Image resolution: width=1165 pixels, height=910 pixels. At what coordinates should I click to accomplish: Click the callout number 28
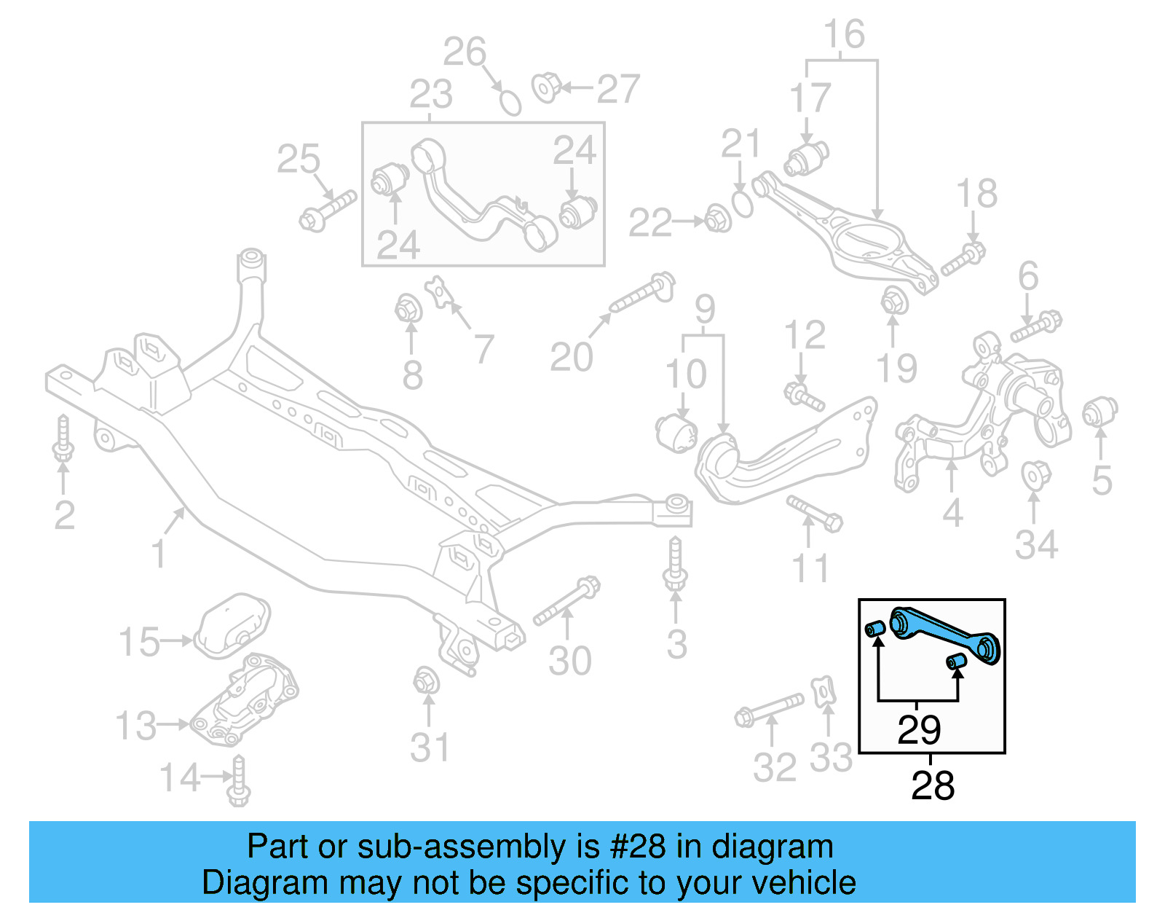point(932,786)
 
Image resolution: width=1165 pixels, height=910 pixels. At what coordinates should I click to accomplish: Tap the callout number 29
point(919,730)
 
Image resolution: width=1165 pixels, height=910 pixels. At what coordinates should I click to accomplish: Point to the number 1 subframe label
point(159,553)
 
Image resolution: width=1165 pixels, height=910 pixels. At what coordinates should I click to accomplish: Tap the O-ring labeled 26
point(510,103)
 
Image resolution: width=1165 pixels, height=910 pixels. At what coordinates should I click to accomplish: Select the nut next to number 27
point(545,87)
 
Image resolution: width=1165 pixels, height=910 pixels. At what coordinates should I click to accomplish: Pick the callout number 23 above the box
point(430,95)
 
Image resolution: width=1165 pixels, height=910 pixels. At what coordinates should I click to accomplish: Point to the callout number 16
point(844,35)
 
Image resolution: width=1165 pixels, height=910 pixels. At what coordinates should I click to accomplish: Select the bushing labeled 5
point(1099,413)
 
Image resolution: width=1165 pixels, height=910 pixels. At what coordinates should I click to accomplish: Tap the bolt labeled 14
point(239,781)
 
